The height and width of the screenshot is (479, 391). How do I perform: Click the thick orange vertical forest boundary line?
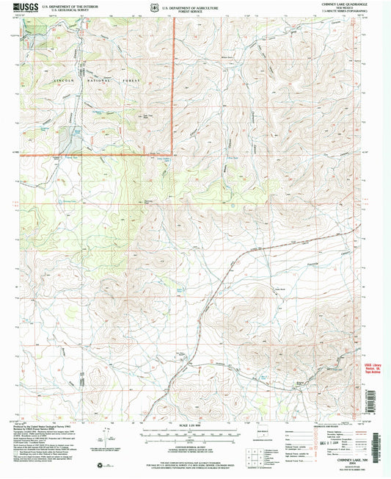click(x=174, y=81)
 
